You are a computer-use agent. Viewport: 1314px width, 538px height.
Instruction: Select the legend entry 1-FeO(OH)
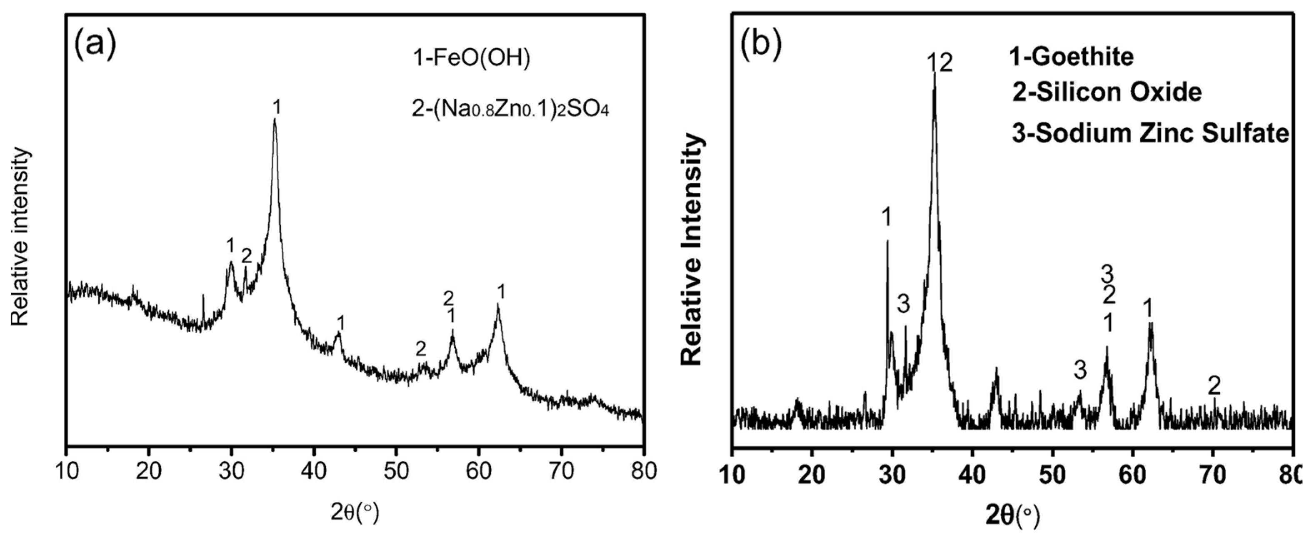[471, 73]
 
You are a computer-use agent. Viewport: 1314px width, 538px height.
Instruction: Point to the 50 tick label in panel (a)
[396, 472]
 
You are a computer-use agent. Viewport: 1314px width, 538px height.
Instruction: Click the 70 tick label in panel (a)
[561, 472]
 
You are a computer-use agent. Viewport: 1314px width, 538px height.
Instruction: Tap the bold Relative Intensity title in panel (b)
[692, 250]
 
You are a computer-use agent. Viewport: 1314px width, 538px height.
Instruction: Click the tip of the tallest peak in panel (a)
[275, 120]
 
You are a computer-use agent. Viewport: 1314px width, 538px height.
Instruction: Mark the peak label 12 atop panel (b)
[939, 64]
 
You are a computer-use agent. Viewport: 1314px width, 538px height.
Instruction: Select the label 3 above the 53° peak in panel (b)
[1080, 370]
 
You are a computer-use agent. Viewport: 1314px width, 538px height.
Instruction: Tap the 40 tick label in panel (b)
[973, 475]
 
